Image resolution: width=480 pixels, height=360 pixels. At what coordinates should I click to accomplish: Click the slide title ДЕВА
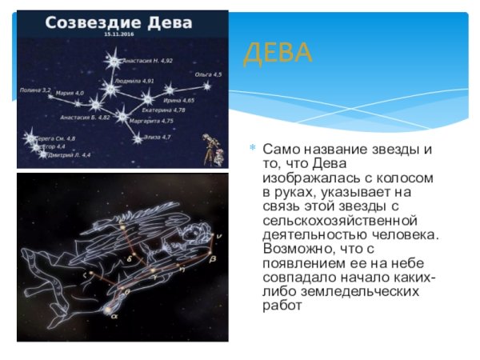coord(278,54)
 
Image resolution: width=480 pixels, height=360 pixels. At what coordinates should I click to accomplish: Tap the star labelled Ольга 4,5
coord(206,86)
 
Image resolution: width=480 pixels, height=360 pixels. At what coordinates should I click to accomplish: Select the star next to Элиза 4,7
coord(138,138)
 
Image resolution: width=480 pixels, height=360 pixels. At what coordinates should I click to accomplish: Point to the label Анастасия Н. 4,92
coord(147,60)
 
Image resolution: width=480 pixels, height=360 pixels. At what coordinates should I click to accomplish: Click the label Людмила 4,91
coord(134,81)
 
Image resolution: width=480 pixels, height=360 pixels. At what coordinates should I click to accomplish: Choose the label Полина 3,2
coord(35,90)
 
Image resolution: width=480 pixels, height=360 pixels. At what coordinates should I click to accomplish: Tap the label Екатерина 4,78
coord(163,110)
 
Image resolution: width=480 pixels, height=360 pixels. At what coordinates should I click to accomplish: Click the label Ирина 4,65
coord(178,100)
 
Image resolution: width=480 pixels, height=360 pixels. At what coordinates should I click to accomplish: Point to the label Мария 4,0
coord(70,94)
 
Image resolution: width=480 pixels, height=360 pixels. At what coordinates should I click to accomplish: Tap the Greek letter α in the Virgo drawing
coord(113,315)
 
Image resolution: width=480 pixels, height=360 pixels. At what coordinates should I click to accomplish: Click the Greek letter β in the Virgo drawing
coord(213,259)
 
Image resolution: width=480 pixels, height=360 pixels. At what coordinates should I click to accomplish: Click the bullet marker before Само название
coord(254,149)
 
